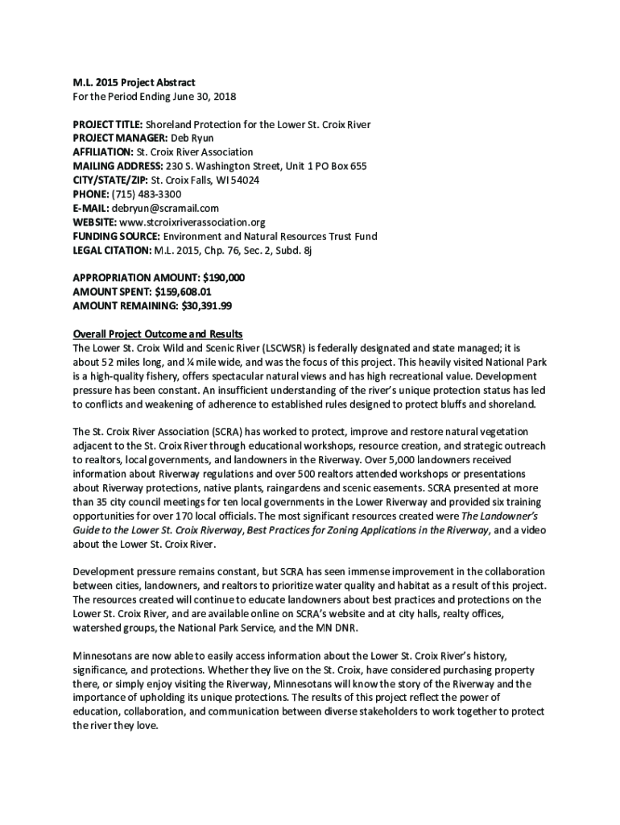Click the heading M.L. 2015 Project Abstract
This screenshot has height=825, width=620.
pos(134,83)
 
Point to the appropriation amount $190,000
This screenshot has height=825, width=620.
pos(225,277)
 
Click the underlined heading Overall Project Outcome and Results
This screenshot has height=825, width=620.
pos(158,334)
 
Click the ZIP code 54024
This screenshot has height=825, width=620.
pos(242,180)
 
